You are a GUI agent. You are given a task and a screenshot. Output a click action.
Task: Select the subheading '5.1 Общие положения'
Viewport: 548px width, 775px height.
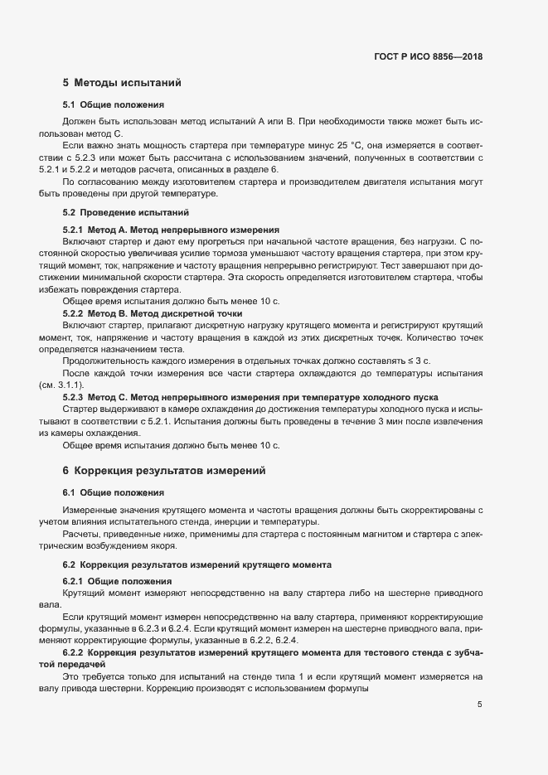click(x=113, y=106)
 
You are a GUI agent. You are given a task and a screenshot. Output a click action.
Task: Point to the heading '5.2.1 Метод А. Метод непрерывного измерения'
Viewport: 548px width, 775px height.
click(x=172, y=229)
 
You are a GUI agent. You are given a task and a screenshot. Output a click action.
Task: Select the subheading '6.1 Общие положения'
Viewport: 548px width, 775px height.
click(x=113, y=493)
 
